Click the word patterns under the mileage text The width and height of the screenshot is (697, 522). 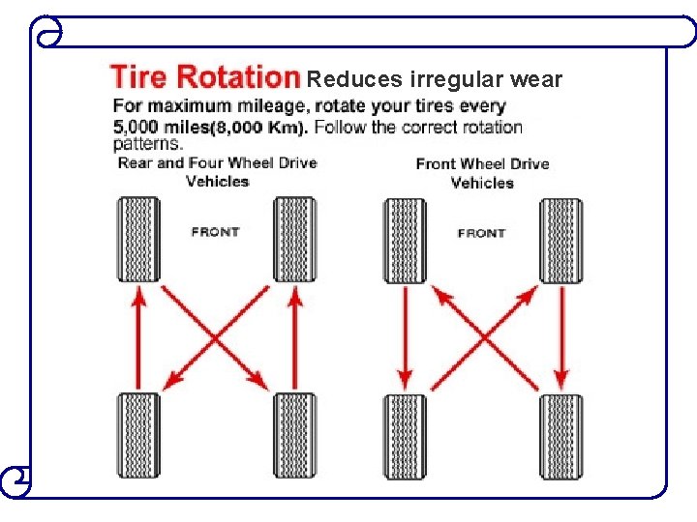click(x=148, y=144)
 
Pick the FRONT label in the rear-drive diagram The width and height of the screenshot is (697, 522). click(x=215, y=232)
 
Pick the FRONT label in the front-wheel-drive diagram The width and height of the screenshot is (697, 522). click(x=481, y=233)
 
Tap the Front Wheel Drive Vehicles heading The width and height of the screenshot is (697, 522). click(x=482, y=173)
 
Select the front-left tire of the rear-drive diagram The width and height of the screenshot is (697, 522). click(x=138, y=239)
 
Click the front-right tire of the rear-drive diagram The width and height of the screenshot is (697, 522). click(x=294, y=239)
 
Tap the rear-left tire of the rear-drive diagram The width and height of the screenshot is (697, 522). click(x=138, y=435)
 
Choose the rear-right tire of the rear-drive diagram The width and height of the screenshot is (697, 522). click(x=294, y=435)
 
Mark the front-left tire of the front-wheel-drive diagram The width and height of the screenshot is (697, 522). click(x=405, y=241)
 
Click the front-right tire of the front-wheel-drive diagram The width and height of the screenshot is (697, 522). click(x=561, y=241)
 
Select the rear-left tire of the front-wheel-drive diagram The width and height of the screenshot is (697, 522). click(x=405, y=436)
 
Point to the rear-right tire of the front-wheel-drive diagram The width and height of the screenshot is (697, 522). click(x=561, y=436)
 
